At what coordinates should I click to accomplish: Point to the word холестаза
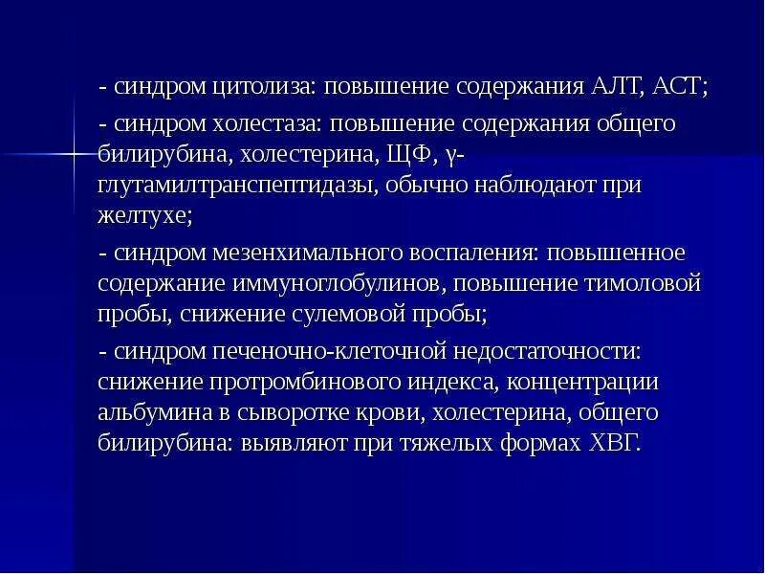[x=260, y=124]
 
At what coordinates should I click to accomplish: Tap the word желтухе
[x=143, y=216]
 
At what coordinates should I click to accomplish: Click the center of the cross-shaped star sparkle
[x=73, y=152]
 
